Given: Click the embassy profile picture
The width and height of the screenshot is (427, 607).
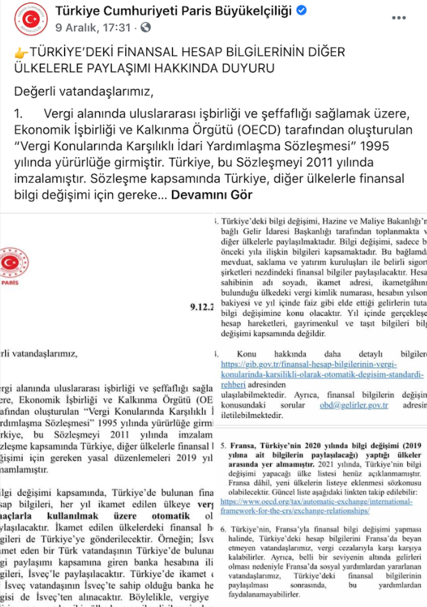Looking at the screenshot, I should pyautogui.click(x=28, y=20).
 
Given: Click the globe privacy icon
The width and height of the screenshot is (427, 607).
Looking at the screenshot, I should pyautogui.click(x=146, y=27).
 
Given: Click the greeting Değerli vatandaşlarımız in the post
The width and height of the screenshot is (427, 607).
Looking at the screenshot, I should pyautogui.click(x=83, y=91).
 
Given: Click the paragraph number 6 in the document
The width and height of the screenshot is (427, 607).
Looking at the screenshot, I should pyautogui.click(x=223, y=529).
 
